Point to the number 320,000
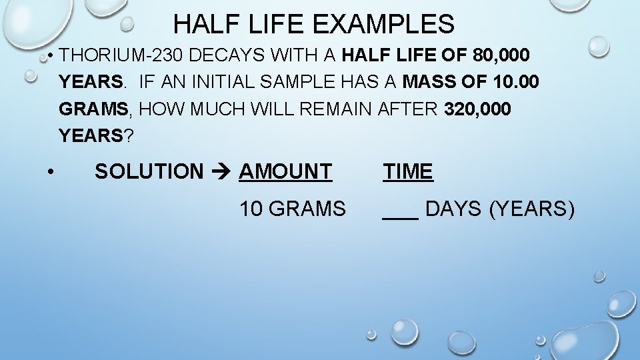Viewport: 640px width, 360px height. tap(477, 109)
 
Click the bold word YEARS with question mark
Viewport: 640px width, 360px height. tap(91, 135)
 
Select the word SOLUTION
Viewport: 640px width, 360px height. tap(149, 171)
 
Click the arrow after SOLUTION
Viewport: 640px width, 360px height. tap(221, 172)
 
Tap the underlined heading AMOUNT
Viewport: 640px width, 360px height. tap(285, 171)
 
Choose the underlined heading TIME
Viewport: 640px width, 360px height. tap(408, 171)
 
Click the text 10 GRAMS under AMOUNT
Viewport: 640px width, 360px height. tap(293, 209)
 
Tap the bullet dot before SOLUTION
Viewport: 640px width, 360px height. tap(51, 172)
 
